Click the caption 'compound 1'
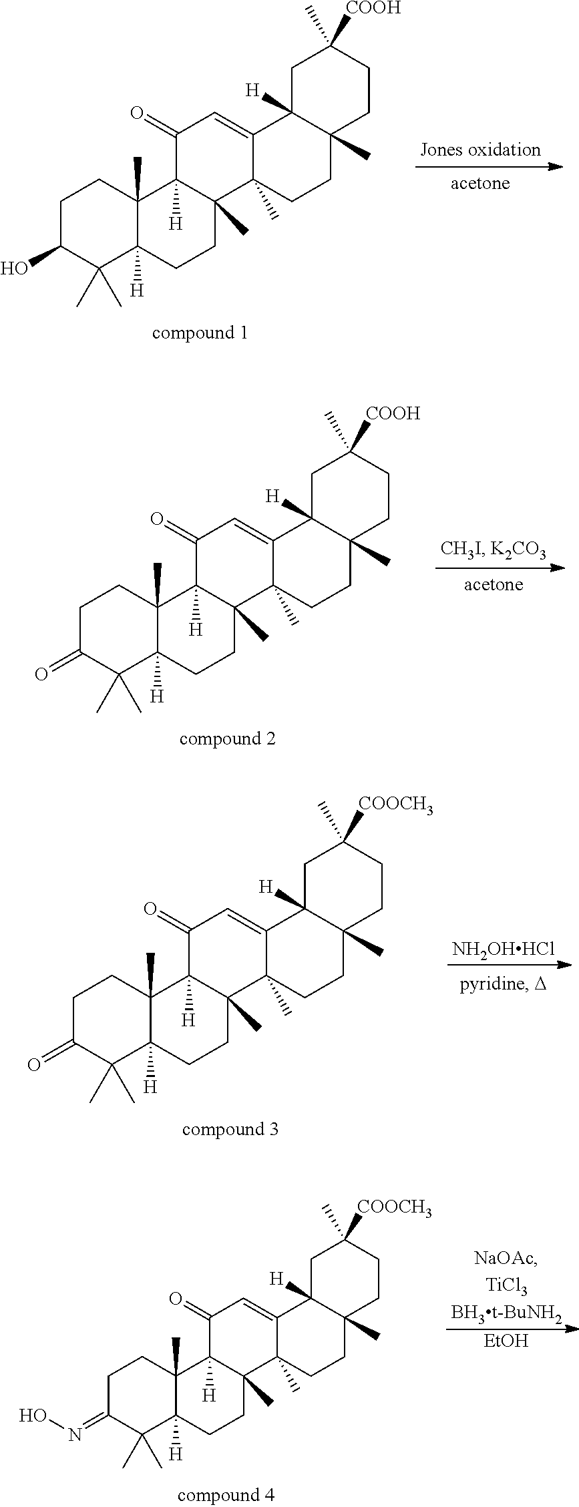tap(200, 333)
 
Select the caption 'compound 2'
tap(227, 738)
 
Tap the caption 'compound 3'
tap(230, 1129)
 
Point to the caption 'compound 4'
tap(225, 1495)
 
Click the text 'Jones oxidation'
tap(480, 150)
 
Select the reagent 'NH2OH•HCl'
tap(503, 949)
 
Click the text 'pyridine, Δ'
tap(503, 984)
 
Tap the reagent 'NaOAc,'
tap(506, 1259)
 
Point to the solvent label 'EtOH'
tap(506, 1339)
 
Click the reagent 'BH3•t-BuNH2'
tap(506, 1311)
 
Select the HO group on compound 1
tap(15, 268)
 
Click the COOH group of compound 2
tap(393, 414)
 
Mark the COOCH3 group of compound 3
tap(396, 806)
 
